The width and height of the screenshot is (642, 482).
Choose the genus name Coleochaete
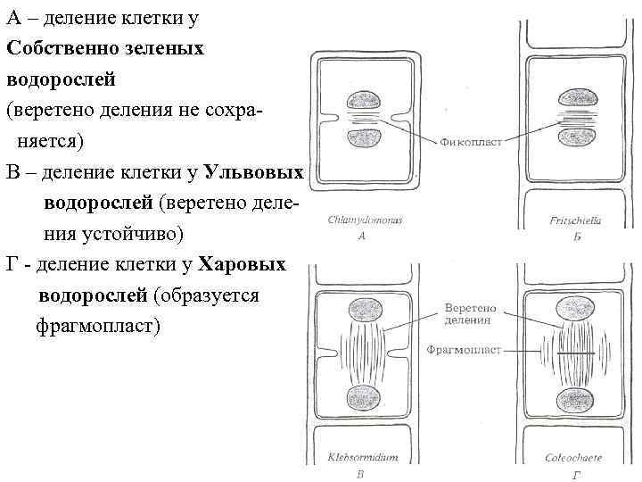[x=573, y=458]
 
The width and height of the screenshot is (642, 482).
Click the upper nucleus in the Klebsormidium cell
[x=365, y=310]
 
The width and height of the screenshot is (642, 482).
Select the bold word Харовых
[x=242, y=264]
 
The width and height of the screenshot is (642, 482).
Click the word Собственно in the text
[x=59, y=48]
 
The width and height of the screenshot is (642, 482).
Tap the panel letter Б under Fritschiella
[x=578, y=237]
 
